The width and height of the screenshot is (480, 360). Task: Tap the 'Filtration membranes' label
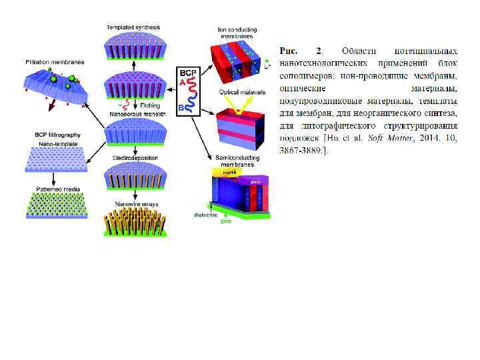(55, 62)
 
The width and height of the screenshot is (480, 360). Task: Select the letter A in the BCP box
(181, 83)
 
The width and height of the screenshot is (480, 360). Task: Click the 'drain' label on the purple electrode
(255, 181)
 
